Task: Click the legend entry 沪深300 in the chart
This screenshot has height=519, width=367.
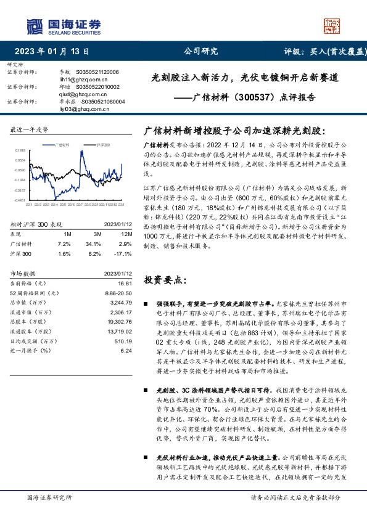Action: point(102,144)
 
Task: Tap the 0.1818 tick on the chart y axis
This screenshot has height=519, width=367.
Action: point(20,150)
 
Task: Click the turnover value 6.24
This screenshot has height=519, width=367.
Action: point(127,350)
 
